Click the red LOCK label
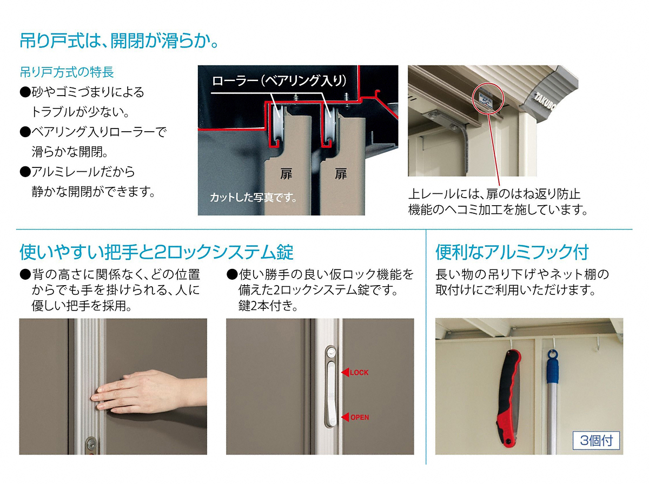pos(359,373)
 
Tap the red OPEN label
pos(360,417)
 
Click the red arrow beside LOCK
pos(345,372)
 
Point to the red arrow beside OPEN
pos(345,417)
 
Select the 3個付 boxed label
pos(596,441)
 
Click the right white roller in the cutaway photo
pos(330,125)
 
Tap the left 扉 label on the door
pos(286,174)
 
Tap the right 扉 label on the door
pos(341,174)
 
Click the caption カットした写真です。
pos(253,198)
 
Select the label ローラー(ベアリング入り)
pos(279,80)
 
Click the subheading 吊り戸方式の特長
pos(67,72)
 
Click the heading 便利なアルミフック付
pos(512,252)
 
